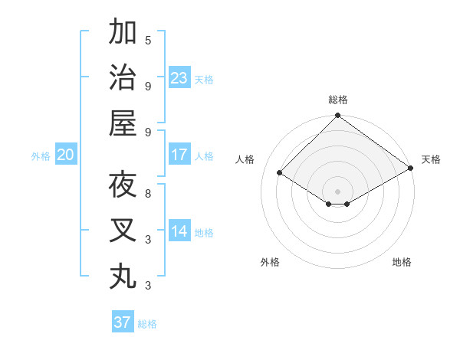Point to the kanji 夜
(123, 185)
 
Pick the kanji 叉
(123, 231)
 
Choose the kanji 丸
(123, 276)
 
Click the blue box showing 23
(179, 77)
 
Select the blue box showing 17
(179, 155)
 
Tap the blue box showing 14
(179, 231)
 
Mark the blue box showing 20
(66, 155)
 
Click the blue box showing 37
(123, 322)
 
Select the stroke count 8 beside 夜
(148, 193)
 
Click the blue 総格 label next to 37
(148, 324)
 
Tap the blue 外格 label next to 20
(41, 156)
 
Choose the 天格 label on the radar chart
(431, 159)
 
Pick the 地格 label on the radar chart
(402, 262)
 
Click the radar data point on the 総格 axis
(337, 116)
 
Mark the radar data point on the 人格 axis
(280, 173)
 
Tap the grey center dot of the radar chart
(337, 191)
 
